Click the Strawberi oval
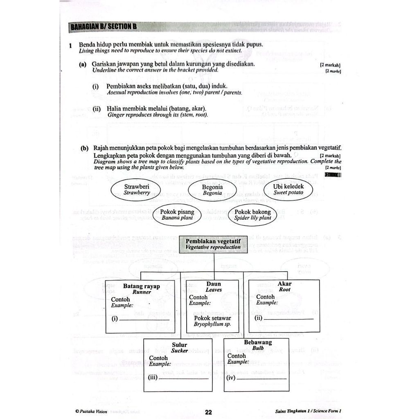[x=137, y=189]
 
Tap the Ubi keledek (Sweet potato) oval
[x=288, y=189]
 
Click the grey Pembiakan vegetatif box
[x=213, y=245]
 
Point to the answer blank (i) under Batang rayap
[x=146, y=319]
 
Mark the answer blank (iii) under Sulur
[x=183, y=378]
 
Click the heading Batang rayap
[x=141, y=286]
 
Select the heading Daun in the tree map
[x=214, y=284]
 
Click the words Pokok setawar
[x=212, y=318]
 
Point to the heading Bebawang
[x=258, y=342]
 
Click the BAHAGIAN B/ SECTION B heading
[x=103, y=27]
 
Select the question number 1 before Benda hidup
[x=71, y=45]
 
